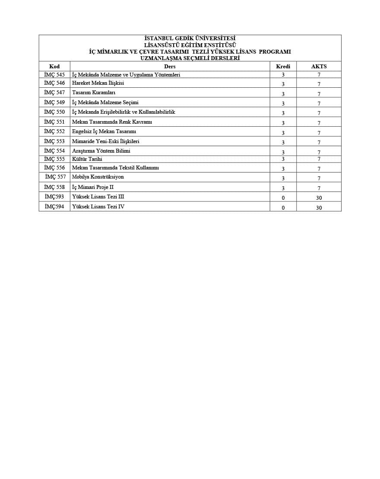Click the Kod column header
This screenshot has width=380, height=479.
[x=54, y=67]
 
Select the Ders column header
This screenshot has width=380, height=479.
[x=170, y=67]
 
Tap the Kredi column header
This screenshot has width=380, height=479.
[x=283, y=67]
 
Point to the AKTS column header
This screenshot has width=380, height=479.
[x=319, y=67]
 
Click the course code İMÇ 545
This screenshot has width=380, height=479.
[x=54, y=75]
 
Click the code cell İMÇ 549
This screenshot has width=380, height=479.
[x=54, y=102]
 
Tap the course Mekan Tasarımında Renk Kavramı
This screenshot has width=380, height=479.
[x=112, y=122]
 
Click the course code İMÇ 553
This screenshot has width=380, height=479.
[x=54, y=141]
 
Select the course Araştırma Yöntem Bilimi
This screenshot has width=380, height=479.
[x=101, y=151]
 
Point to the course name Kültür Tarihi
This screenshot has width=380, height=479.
[x=87, y=159]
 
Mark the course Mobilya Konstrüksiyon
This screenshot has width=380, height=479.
[x=98, y=177]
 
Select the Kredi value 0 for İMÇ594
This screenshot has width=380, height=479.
[x=283, y=208]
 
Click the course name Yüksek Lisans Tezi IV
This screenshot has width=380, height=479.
[x=98, y=207]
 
